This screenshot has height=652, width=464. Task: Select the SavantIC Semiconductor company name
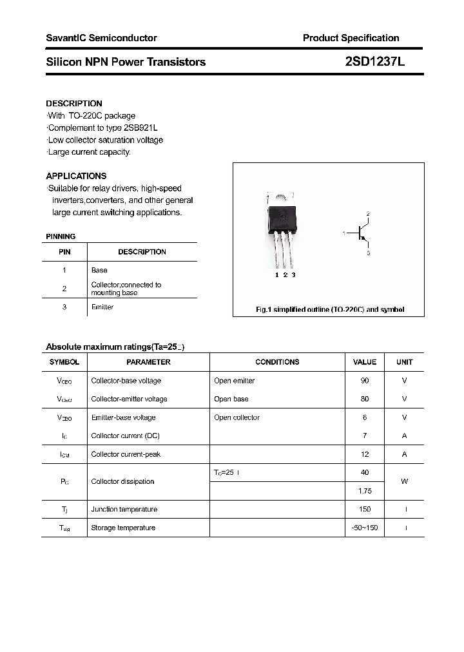[x=101, y=38]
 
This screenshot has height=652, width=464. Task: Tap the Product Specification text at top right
[x=351, y=38]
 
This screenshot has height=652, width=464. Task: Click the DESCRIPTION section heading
[x=74, y=103]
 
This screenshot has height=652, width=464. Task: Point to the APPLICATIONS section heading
[x=76, y=176]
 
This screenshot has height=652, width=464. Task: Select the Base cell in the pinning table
[x=99, y=271]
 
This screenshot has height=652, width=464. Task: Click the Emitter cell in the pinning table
[x=102, y=307]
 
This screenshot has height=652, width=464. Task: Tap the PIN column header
[x=64, y=252]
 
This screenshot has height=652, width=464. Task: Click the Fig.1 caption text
[x=330, y=310]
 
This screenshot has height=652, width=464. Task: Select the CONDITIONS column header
[x=277, y=362]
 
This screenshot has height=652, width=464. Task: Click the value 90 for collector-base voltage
[x=365, y=381]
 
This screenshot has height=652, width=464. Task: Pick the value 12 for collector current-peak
[x=365, y=454]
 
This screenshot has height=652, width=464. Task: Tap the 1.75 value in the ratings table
[x=365, y=491]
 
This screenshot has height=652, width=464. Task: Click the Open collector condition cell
[x=237, y=417]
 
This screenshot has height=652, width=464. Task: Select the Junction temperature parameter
[x=124, y=509]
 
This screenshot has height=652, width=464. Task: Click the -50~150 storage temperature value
[x=365, y=528]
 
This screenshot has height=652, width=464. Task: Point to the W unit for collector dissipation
[x=404, y=481]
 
